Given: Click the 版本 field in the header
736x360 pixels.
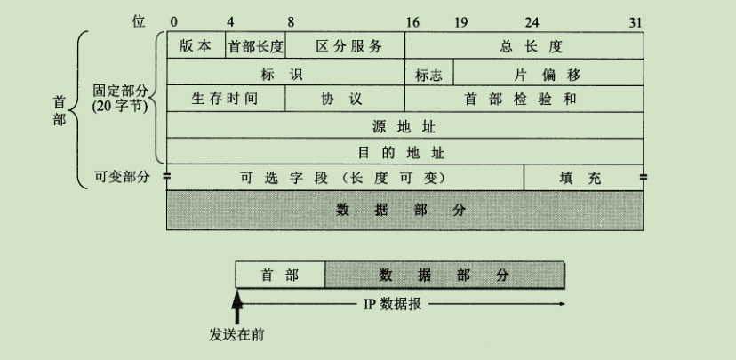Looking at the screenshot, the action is (196, 46).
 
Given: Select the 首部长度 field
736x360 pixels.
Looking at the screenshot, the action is (256, 46).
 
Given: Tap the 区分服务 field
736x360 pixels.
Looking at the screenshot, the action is (345, 46).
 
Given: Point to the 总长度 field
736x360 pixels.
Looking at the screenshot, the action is (524, 46).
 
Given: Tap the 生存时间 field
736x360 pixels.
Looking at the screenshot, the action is (226, 99).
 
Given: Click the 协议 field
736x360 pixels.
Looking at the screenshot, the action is (345, 99).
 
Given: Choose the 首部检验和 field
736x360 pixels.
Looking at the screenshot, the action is (524, 99).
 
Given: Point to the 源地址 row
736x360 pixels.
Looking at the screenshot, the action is (404, 125).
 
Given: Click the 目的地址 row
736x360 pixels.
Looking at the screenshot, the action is (404, 151).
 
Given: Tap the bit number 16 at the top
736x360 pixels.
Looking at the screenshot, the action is (412, 20).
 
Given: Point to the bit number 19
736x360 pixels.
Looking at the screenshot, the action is (460, 20).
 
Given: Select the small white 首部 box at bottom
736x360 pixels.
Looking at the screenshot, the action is (280, 276).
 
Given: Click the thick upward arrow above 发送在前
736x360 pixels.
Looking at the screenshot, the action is (237, 308).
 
